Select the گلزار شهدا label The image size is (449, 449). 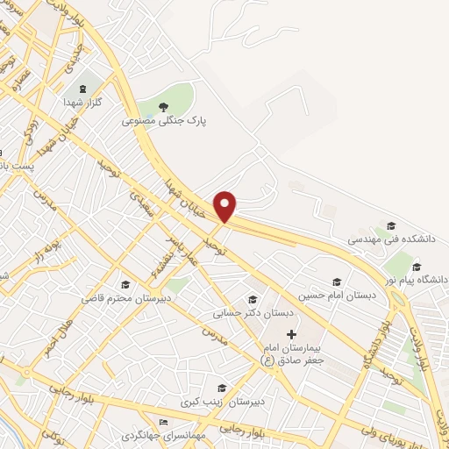point(84,103)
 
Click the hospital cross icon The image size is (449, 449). point(292,334)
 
